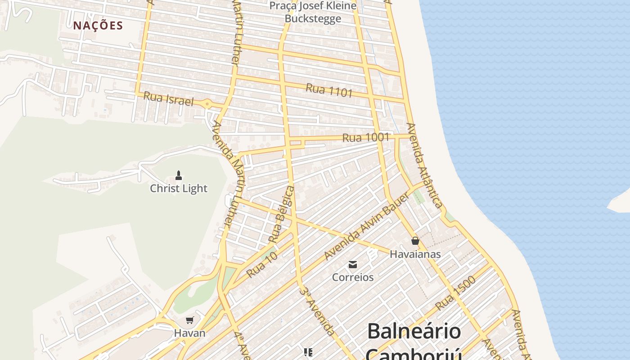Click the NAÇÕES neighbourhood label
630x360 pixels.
coord(98,26)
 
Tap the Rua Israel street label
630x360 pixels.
coord(168,99)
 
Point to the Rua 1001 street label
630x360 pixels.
coord(365,137)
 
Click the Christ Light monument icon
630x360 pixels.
coord(179,175)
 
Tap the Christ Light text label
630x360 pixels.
coord(179,189)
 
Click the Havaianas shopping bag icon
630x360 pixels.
coord(415,241)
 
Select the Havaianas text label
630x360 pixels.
coord(415,254)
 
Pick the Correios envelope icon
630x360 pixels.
coord(353,265)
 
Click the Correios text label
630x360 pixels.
coord(353,277)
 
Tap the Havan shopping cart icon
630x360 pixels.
coord(190,320)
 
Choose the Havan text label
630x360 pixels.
coord(190,333)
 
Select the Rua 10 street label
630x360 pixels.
coord(261,265)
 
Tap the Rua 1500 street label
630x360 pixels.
coord(455,293)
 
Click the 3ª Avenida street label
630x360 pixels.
coord(317,311)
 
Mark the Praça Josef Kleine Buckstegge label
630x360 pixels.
coord(313,12)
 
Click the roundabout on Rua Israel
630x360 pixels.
coord(207,104)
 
